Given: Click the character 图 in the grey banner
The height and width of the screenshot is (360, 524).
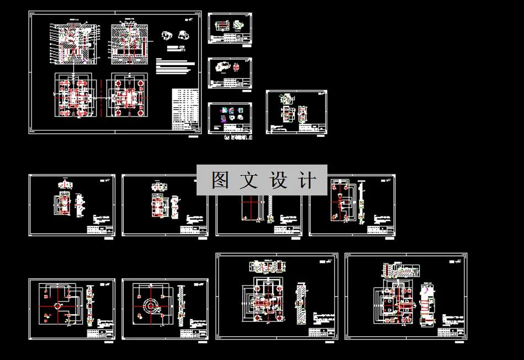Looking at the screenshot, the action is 221,180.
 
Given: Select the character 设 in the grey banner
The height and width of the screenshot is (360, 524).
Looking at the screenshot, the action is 279,180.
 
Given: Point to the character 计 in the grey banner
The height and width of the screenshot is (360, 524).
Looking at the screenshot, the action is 308,180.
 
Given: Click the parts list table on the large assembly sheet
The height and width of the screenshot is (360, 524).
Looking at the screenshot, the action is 184,109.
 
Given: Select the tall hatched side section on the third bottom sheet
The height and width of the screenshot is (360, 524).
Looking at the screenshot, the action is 301,304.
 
